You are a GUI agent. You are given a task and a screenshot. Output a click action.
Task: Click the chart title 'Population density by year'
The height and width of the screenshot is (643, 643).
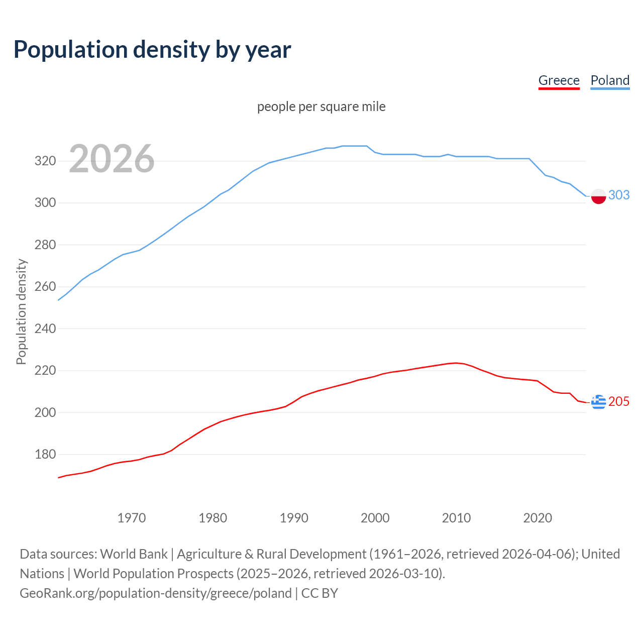pos(152,50)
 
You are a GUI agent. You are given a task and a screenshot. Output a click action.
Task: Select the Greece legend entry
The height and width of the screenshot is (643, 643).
pos(559,80)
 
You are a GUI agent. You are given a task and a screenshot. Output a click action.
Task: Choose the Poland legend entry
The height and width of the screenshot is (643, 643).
pos(610,80)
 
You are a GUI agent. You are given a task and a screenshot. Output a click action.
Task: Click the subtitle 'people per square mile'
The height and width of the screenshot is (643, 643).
pos(321,106)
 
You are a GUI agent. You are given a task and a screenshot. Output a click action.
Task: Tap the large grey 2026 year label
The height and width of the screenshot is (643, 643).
pos(112,159)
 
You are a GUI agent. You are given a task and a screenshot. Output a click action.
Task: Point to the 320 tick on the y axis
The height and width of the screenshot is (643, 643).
pos(45,161)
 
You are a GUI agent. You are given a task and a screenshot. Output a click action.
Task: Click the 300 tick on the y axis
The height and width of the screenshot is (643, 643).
pos(45,203)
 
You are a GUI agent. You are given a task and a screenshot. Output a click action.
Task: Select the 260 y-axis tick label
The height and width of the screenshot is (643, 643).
pos(45,287)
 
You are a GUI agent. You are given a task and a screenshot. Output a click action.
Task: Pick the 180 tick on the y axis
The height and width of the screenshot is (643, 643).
pos(45,455)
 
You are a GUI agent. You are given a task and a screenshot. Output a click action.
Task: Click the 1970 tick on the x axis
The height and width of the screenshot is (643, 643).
pos(132,518)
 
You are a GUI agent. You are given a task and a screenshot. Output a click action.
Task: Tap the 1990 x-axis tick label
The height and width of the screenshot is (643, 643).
pos(294,518)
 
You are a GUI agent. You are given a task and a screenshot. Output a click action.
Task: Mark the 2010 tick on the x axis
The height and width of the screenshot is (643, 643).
pos(456,518)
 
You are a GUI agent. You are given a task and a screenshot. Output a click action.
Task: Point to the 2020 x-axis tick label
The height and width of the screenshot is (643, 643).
pos(538,518)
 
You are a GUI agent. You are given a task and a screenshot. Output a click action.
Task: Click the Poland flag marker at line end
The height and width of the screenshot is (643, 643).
pos(598,196)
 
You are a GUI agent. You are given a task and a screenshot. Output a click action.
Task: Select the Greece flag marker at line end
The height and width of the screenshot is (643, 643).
pos(598,402)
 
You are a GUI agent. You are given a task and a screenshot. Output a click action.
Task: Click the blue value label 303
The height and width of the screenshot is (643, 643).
pos(619,195)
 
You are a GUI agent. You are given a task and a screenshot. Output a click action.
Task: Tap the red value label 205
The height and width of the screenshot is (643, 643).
pos(619,401)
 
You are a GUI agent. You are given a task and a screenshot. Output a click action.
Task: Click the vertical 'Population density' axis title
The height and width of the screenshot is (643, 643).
pos(21,311)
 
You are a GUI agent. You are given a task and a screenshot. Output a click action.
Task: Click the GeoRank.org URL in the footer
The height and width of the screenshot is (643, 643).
pos(156,593)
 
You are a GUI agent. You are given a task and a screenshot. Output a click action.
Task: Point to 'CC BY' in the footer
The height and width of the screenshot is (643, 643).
pos(319,593)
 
